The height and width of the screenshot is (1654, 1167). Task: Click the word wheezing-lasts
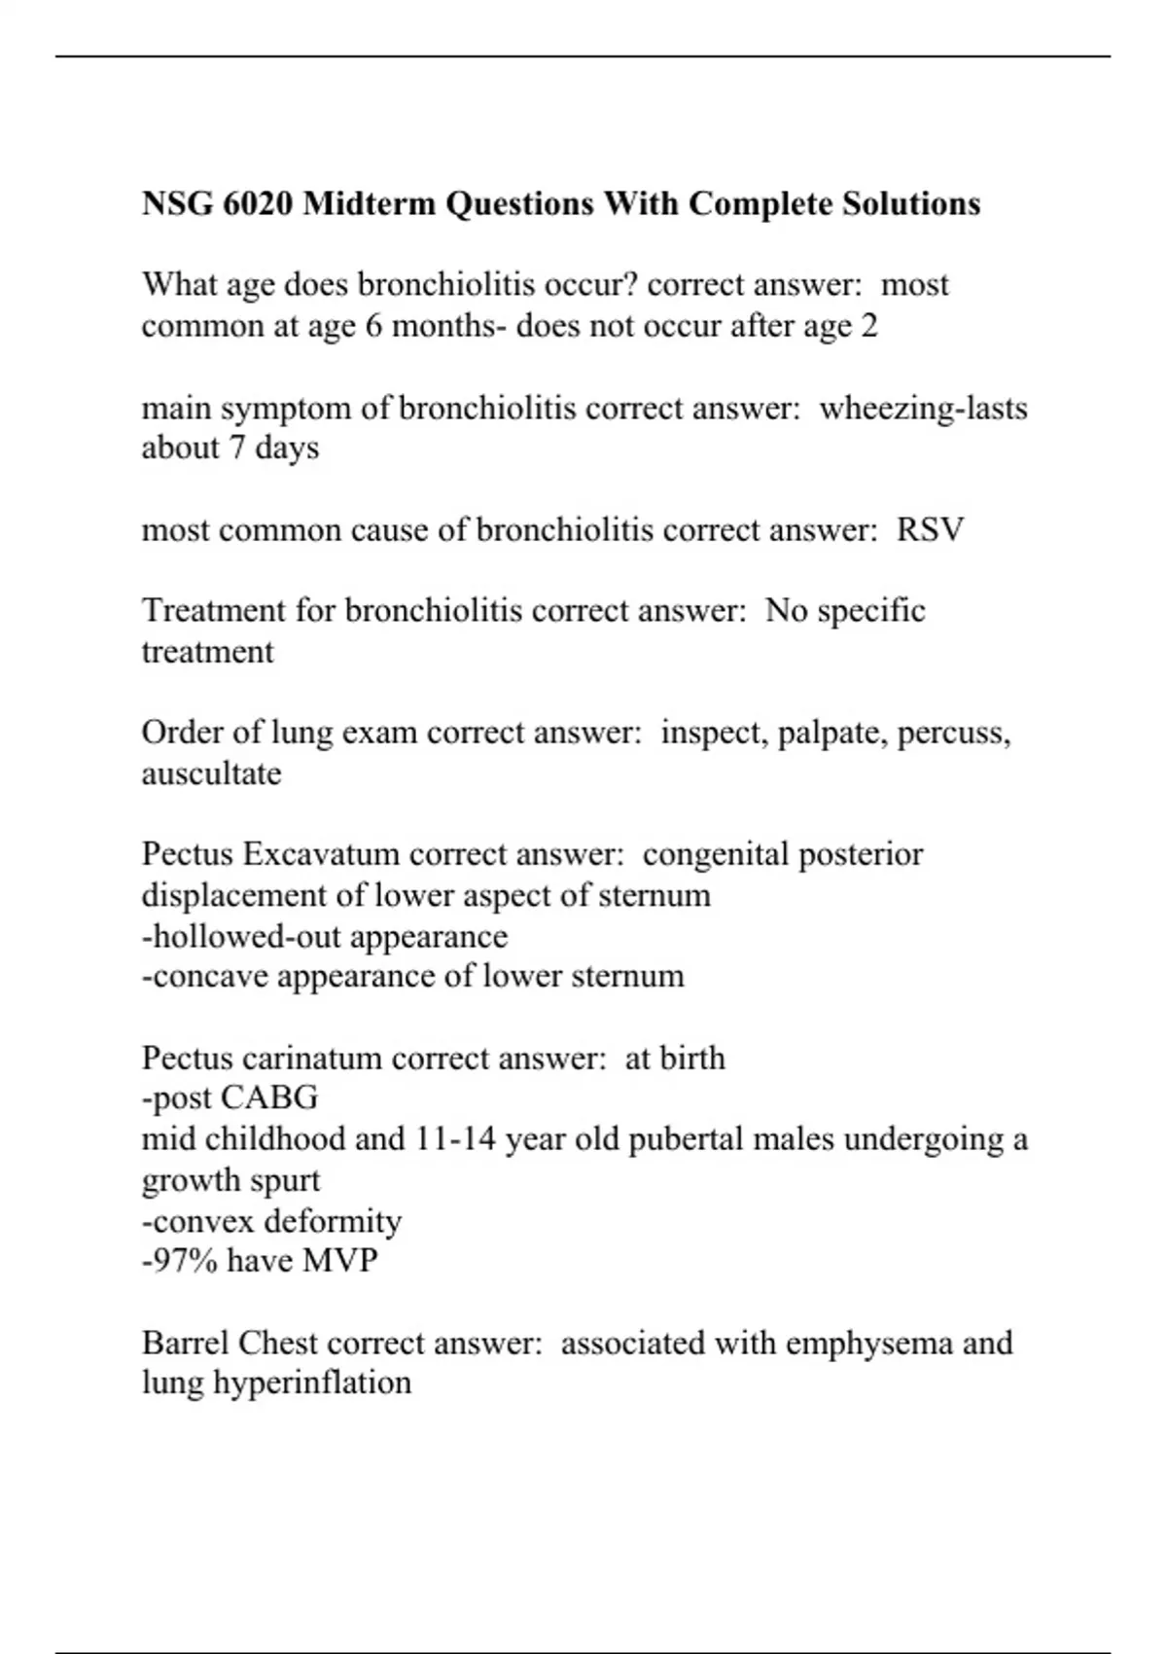(x=923, y=409)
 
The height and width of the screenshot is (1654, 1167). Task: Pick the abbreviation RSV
(x=930, y=530)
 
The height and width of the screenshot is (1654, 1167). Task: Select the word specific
(x=871, y=612)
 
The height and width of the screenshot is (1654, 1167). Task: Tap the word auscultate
(x=211, y=774)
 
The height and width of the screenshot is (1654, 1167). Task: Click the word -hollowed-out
(x=241, y=937)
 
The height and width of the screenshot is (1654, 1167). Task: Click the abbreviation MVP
(x=340, y=1261)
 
